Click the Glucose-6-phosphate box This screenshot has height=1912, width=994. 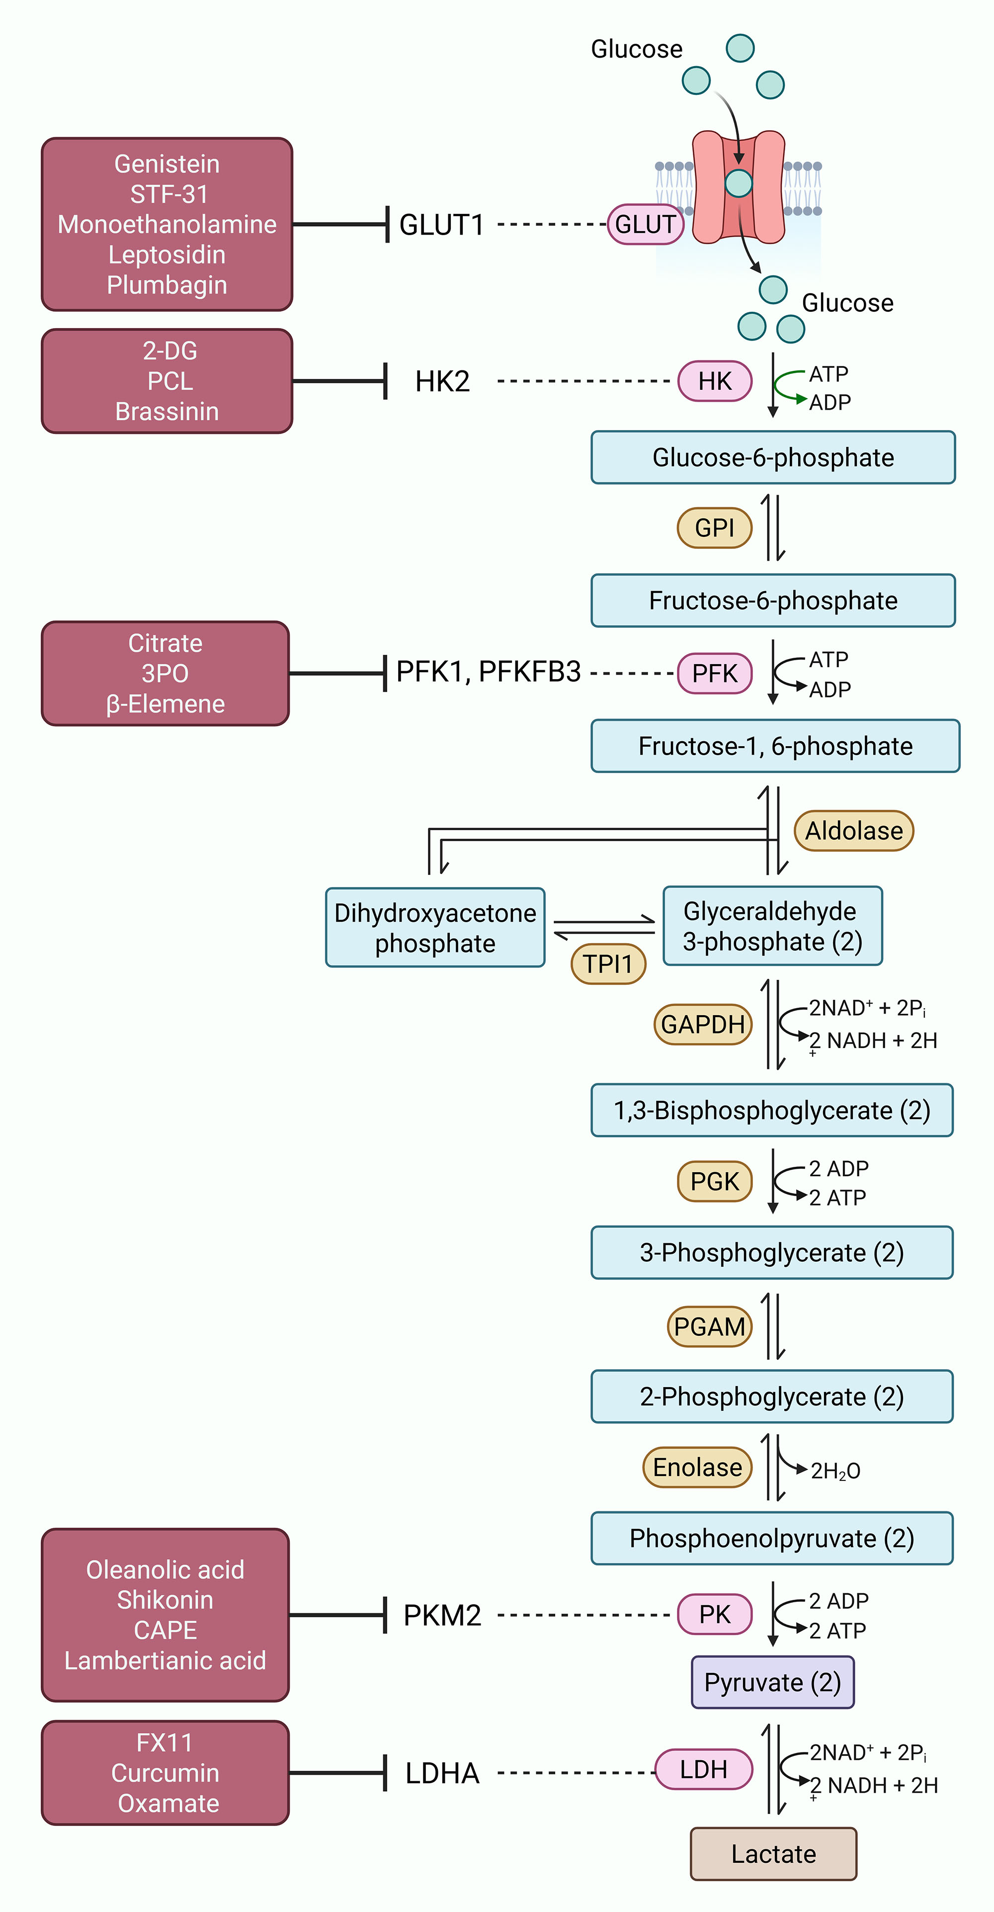tap(772, 457)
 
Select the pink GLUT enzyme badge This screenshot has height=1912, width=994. tap(645, 224)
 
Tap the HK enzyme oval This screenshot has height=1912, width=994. tap(714, 381)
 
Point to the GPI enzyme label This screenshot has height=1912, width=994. tap(714, 528)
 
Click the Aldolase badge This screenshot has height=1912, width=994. tap(854, 831)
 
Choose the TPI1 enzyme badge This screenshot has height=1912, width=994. tap(607, 963)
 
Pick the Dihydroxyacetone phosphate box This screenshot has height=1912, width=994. tap(435, 928)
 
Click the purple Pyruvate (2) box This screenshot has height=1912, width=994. tap(772, 1682)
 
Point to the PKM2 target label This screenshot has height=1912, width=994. tap(442, 1615)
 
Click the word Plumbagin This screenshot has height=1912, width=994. tap(167, 285)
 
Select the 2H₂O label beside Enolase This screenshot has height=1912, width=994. tap(835, 1471)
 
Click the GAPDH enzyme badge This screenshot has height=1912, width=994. tap(702, 1024)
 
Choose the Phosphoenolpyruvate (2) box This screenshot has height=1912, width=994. tap(771, 1538)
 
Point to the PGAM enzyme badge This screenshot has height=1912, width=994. tap(709, 1326)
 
